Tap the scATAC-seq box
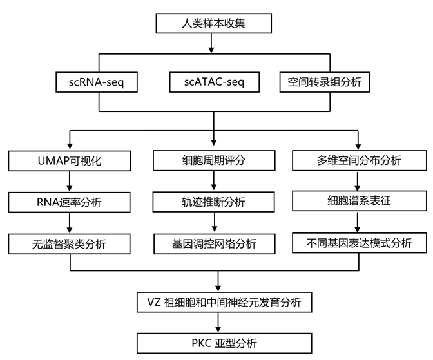(215, 82)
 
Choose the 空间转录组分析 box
(325, 82)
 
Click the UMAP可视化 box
(69, 160)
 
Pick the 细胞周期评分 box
(215, 160)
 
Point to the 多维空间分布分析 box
(359, 160)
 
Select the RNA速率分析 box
(69, 202)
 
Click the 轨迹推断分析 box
(215, 202)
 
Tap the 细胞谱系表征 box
(359, 200)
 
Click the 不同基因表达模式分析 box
(359, 243)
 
